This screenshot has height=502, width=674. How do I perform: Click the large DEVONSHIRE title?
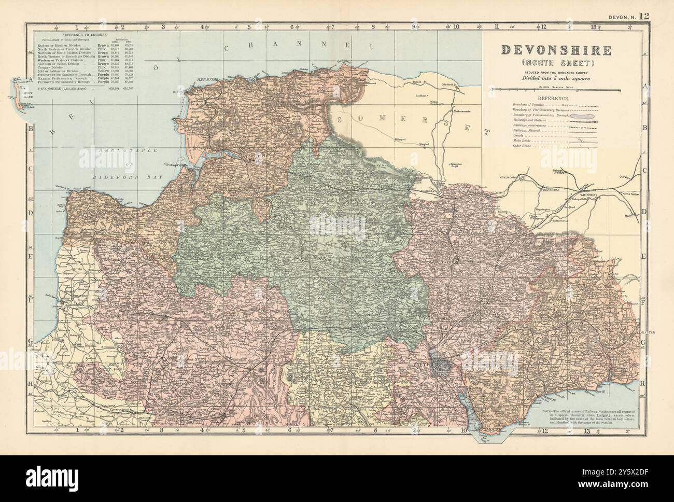pyautogui.click(x=555, y=50)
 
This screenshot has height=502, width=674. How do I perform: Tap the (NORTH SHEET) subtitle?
pyautogui.click(x=555, y=63)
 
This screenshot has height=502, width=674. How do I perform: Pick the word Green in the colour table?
pyautogui.click(x=102, y=53)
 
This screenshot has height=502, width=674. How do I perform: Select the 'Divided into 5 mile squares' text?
pyautogui.click(x=555, y=79)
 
